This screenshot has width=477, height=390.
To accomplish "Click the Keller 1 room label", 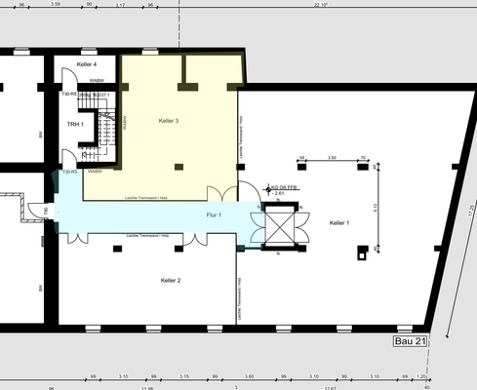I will (x=338, y=223).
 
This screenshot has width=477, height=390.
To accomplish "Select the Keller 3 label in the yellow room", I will (x=168, y=120).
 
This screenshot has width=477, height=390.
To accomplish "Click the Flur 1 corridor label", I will (x=214, y=214).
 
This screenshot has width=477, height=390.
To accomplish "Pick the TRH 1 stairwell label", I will (x=75, y=125).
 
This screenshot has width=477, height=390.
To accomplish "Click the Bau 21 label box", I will (x=410, y=342).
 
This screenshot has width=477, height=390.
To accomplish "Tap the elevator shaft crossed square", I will (x=278, y=229).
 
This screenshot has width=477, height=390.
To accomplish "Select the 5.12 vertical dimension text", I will (x=375, y=207).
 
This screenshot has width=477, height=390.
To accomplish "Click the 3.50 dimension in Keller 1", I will (x=332, y=157).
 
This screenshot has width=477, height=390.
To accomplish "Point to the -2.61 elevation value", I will (x=279, y=193).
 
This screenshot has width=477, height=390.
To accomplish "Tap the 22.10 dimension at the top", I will (x=321, y=5).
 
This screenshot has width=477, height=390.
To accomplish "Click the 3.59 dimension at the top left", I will (x=56, y=5).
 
